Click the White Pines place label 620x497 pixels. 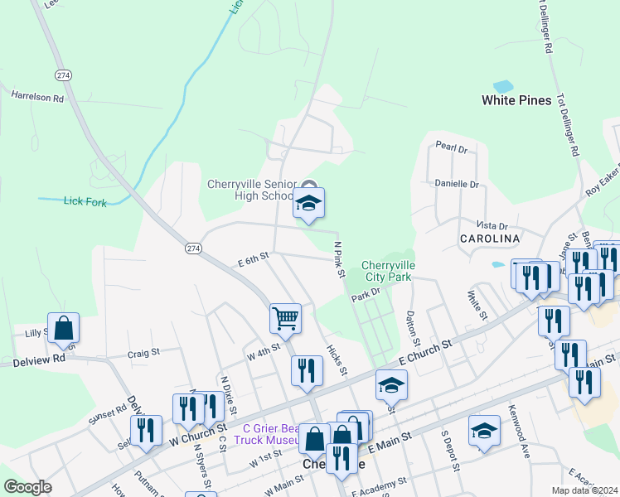pos(516,100)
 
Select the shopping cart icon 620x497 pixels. pos(285,318)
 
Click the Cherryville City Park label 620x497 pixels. pos(388,272)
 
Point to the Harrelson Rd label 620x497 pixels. pos(37,97)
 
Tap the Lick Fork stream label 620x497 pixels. pos(85,201)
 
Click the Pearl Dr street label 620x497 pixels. pos(452,149)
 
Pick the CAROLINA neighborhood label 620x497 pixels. pos(490,239)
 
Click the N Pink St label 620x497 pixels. pos(338,259)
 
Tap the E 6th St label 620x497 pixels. pos(254,259)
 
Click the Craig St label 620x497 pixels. pos(144,353)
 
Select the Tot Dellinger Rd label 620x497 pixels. pos(567,124)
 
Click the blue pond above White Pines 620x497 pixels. pos(502,86)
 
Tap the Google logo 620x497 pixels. pos(27,487)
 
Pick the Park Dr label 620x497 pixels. pos(366,292)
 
